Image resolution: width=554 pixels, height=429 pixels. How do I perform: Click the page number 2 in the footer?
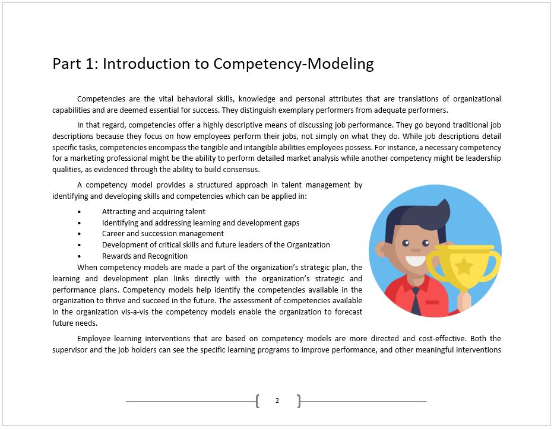pyautogui.click(x=277, y=401)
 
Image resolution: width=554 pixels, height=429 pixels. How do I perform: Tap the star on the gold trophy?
pyautogui.click(x=463, y=265)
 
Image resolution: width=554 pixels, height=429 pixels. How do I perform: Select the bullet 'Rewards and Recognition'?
pyautogui.click(x=145, y=256)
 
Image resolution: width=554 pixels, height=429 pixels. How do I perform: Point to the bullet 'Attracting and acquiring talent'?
pyautogui.click(x=154, y=211)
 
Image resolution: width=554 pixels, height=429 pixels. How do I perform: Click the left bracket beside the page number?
pyautogui.click(x=257, y=401)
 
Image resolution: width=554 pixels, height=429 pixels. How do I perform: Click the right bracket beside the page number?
pyautogui.click(x=299, y=401)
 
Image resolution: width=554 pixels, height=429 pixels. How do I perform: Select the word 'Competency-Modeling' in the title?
pyautogui.click(x=293, y=63)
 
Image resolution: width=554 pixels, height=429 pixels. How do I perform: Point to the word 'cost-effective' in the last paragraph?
pyautogui.click(x=441, y=339)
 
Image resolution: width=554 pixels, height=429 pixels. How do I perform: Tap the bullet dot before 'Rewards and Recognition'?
pyautogui.click(x=80, y=256)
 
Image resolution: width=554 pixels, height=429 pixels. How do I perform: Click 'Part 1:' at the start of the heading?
pyautogui.click(x=75, y=63)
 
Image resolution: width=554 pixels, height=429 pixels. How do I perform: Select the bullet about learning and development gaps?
pyautogui.click(x=201, y=223)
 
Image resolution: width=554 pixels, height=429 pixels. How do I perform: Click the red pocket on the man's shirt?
pyautogui.click(x=432, y=302)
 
